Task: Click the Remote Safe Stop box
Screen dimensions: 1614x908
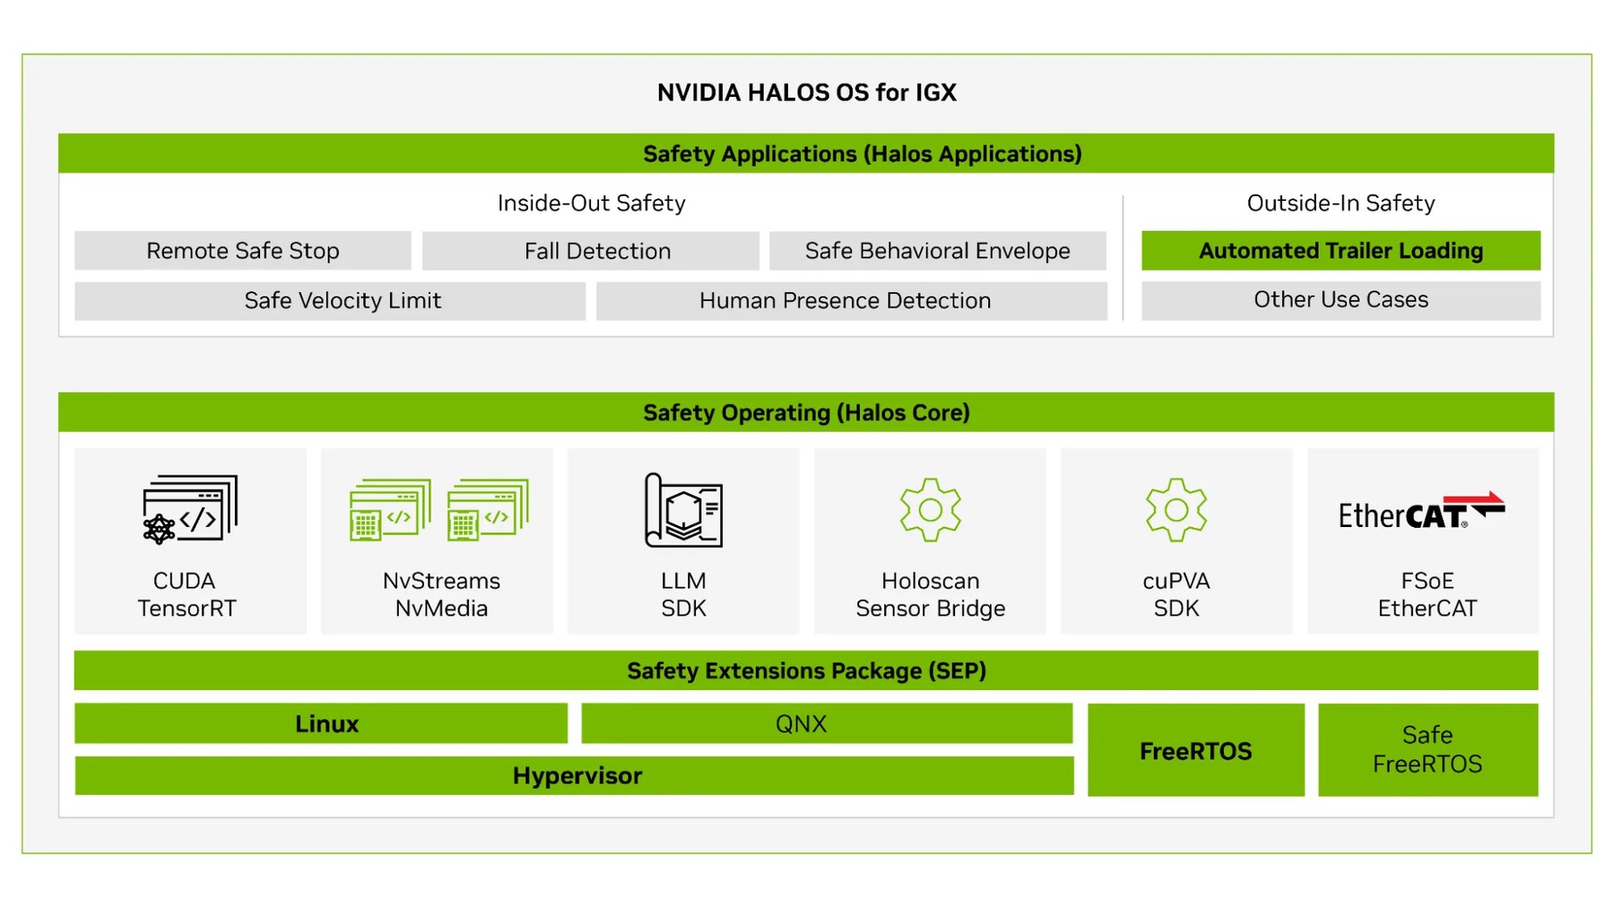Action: pyautogui.click(x=243, y=251)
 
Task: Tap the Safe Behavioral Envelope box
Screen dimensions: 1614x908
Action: pyautogui.click(x=938, y=251)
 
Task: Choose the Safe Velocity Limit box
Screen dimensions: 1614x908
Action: pyautogui.click(x=330, y=301)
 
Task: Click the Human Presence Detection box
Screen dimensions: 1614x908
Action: pyautogui.click(x=852, y=301)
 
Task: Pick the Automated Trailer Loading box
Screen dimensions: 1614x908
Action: pyautogui.click(x=1341, y=251)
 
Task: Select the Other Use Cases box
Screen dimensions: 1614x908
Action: pyautogui.click(x=1341, y=300)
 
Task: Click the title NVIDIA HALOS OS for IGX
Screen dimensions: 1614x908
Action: pyautogui.click(x=807, y=92)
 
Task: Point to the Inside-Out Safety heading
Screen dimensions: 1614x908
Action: pyautogui.click(x=592, y=203)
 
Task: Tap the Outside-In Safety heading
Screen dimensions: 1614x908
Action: pyautogui.click(x=1341, y=203)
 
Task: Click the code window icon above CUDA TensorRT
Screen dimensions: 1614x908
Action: pyautogui.click(x=190, y=509)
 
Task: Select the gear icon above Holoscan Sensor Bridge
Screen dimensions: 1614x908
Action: pyautogui.click(x=931, y=509)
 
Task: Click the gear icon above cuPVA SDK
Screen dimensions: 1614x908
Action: pyautogui.click(x=1176, y=509)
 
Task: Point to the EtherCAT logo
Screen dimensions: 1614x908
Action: pyautogui.click(x=1422, y=511)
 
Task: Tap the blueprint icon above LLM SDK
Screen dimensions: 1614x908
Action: pyautogui.click(x=683, y=510)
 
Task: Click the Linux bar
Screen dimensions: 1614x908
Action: pyautogui.click(x=321, y=723)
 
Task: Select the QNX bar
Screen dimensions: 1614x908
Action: pyautogui.click(x=827, y=723)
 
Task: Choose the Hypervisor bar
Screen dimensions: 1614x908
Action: pyautogui.click(x=574, y=775)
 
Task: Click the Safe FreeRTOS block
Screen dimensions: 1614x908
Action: pyautogui.click(x=1427, y=749)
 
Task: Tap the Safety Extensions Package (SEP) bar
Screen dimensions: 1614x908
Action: pyautogui.click(x=806, y=670)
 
